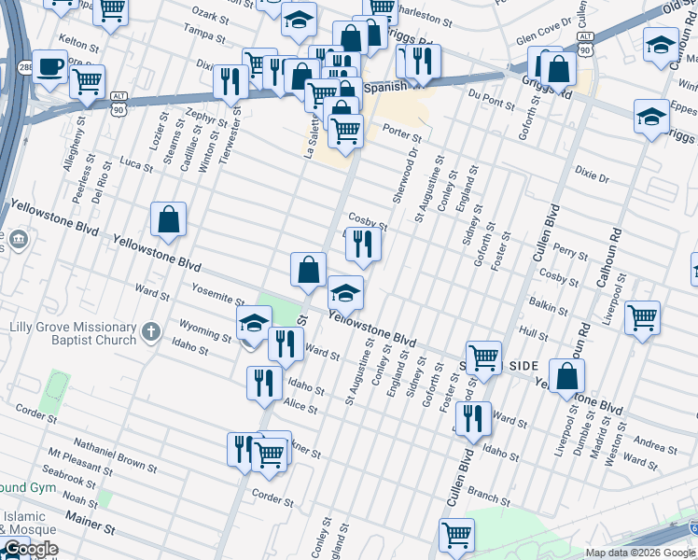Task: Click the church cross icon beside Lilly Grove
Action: pos(151,330)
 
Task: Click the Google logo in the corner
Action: pos(30,550)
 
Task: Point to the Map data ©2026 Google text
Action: pos(640,553)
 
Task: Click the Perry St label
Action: pos(570,251)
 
